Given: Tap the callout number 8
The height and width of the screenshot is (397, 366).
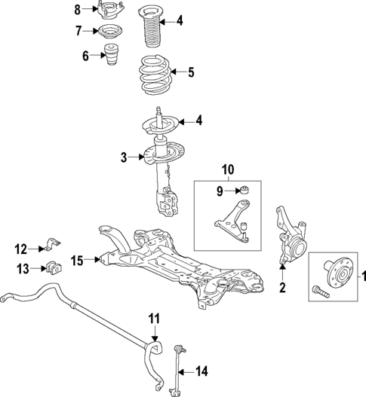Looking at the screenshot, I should point(77,10).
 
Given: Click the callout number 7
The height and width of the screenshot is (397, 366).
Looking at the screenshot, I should point(77,32).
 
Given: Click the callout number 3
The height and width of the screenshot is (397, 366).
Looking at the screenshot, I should point(123,157).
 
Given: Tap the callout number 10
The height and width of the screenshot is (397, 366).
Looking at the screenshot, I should point(227,170).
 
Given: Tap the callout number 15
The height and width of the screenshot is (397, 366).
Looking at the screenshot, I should point(78,261).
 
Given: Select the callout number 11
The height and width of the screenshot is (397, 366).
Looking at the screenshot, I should point(154,320).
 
